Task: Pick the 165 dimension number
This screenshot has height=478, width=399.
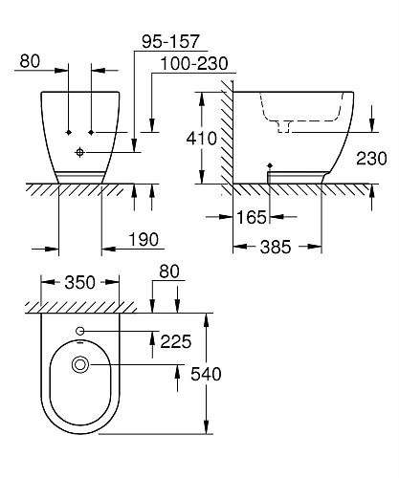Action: tap(252, 219)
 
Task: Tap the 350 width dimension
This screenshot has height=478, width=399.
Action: tap(80, 282)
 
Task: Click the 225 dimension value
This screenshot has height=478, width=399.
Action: tap(176, 339)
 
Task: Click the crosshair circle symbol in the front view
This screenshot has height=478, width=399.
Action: tap(81, 152)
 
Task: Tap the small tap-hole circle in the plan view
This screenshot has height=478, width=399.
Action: tap(80, 332)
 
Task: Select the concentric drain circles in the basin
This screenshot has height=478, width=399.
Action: tap(80, 364)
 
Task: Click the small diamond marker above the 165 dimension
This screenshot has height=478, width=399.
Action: tap(271, 164)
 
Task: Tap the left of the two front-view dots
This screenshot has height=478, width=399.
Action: tap(70, 129)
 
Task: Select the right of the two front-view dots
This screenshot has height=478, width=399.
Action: tap(92, 129)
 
